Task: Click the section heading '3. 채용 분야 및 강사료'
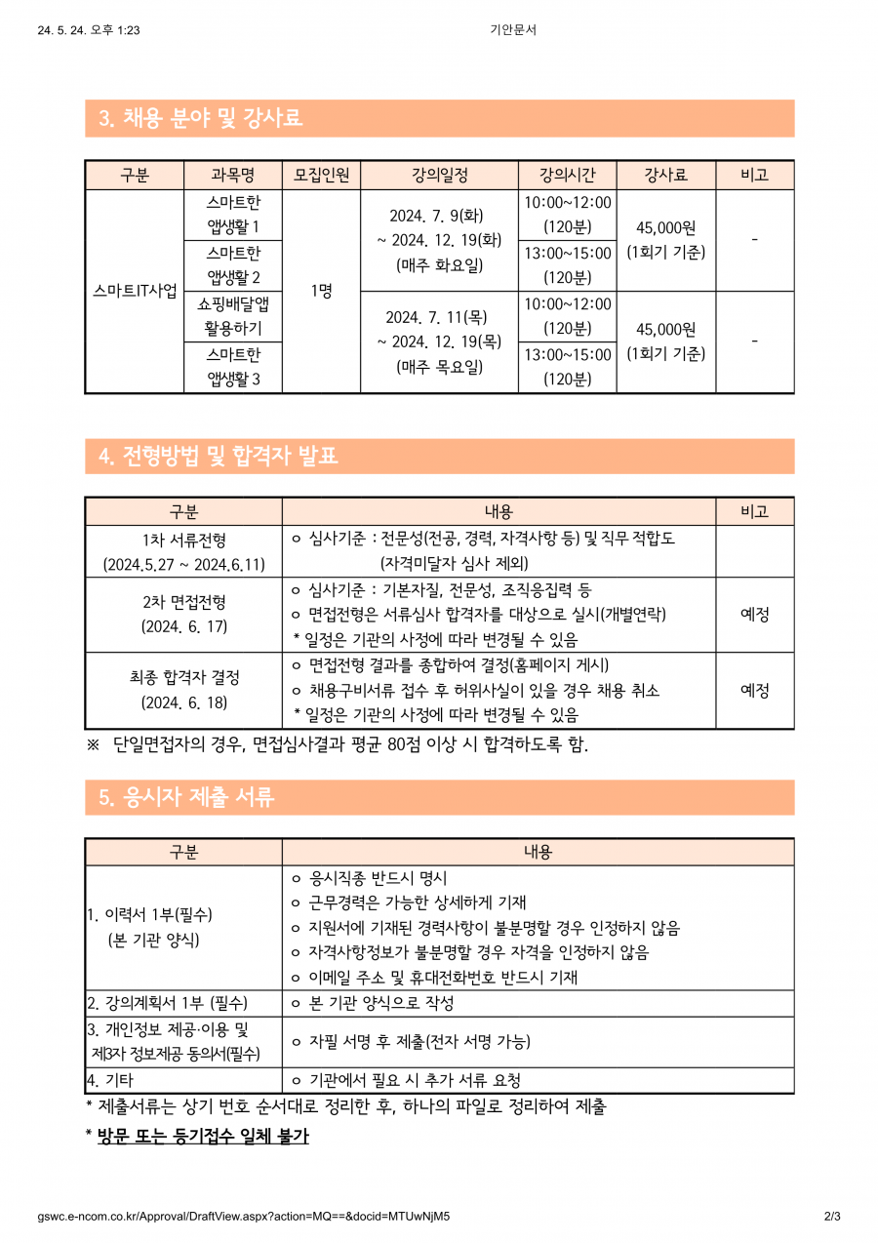click(x=201, y=119)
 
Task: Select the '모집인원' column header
click(x=321, y=176)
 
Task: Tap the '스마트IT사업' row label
click(x=135, y=291)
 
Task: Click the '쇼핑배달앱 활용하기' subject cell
click(x=233, y=316)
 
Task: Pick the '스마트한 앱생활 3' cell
click(x=233, y=367)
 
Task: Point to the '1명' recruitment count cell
click(x=321, y=291)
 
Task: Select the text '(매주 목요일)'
click(x=439, y=368)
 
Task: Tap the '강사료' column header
click(x=665, y=176)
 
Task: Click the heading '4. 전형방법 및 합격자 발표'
click(x=219, y=456)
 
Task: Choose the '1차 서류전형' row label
click(x=183, y=540)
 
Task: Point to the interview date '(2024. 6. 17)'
click(x=183, y=626)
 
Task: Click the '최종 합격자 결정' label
click(x=183, y=677)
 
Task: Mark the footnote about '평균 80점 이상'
click(x=351, y=745)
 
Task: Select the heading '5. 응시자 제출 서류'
click(x=186, y=797)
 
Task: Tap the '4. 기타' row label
click(x=110, y=1080)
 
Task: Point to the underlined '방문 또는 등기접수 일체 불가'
click(x=203, y=1136)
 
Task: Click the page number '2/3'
click(x=831, y=1217)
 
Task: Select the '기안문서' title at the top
click(x=513, y=30)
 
